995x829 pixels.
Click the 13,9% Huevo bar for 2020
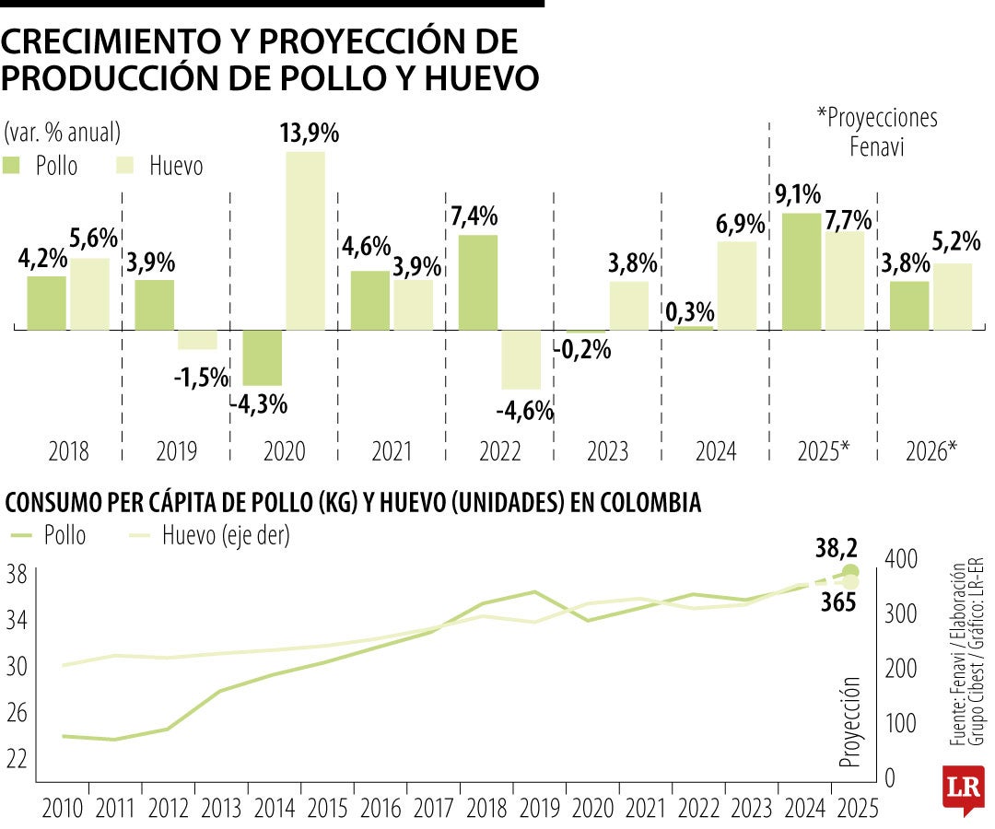pos(305,239)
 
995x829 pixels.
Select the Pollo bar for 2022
pos(477,282)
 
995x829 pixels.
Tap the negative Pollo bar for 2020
pos(263,357)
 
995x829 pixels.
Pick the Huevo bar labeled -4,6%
pos(521,359)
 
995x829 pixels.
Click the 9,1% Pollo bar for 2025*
pos(801,271)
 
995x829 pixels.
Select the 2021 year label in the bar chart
pos(391,452)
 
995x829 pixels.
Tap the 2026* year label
pos(931,452)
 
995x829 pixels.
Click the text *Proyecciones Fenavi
pos(876,131)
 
